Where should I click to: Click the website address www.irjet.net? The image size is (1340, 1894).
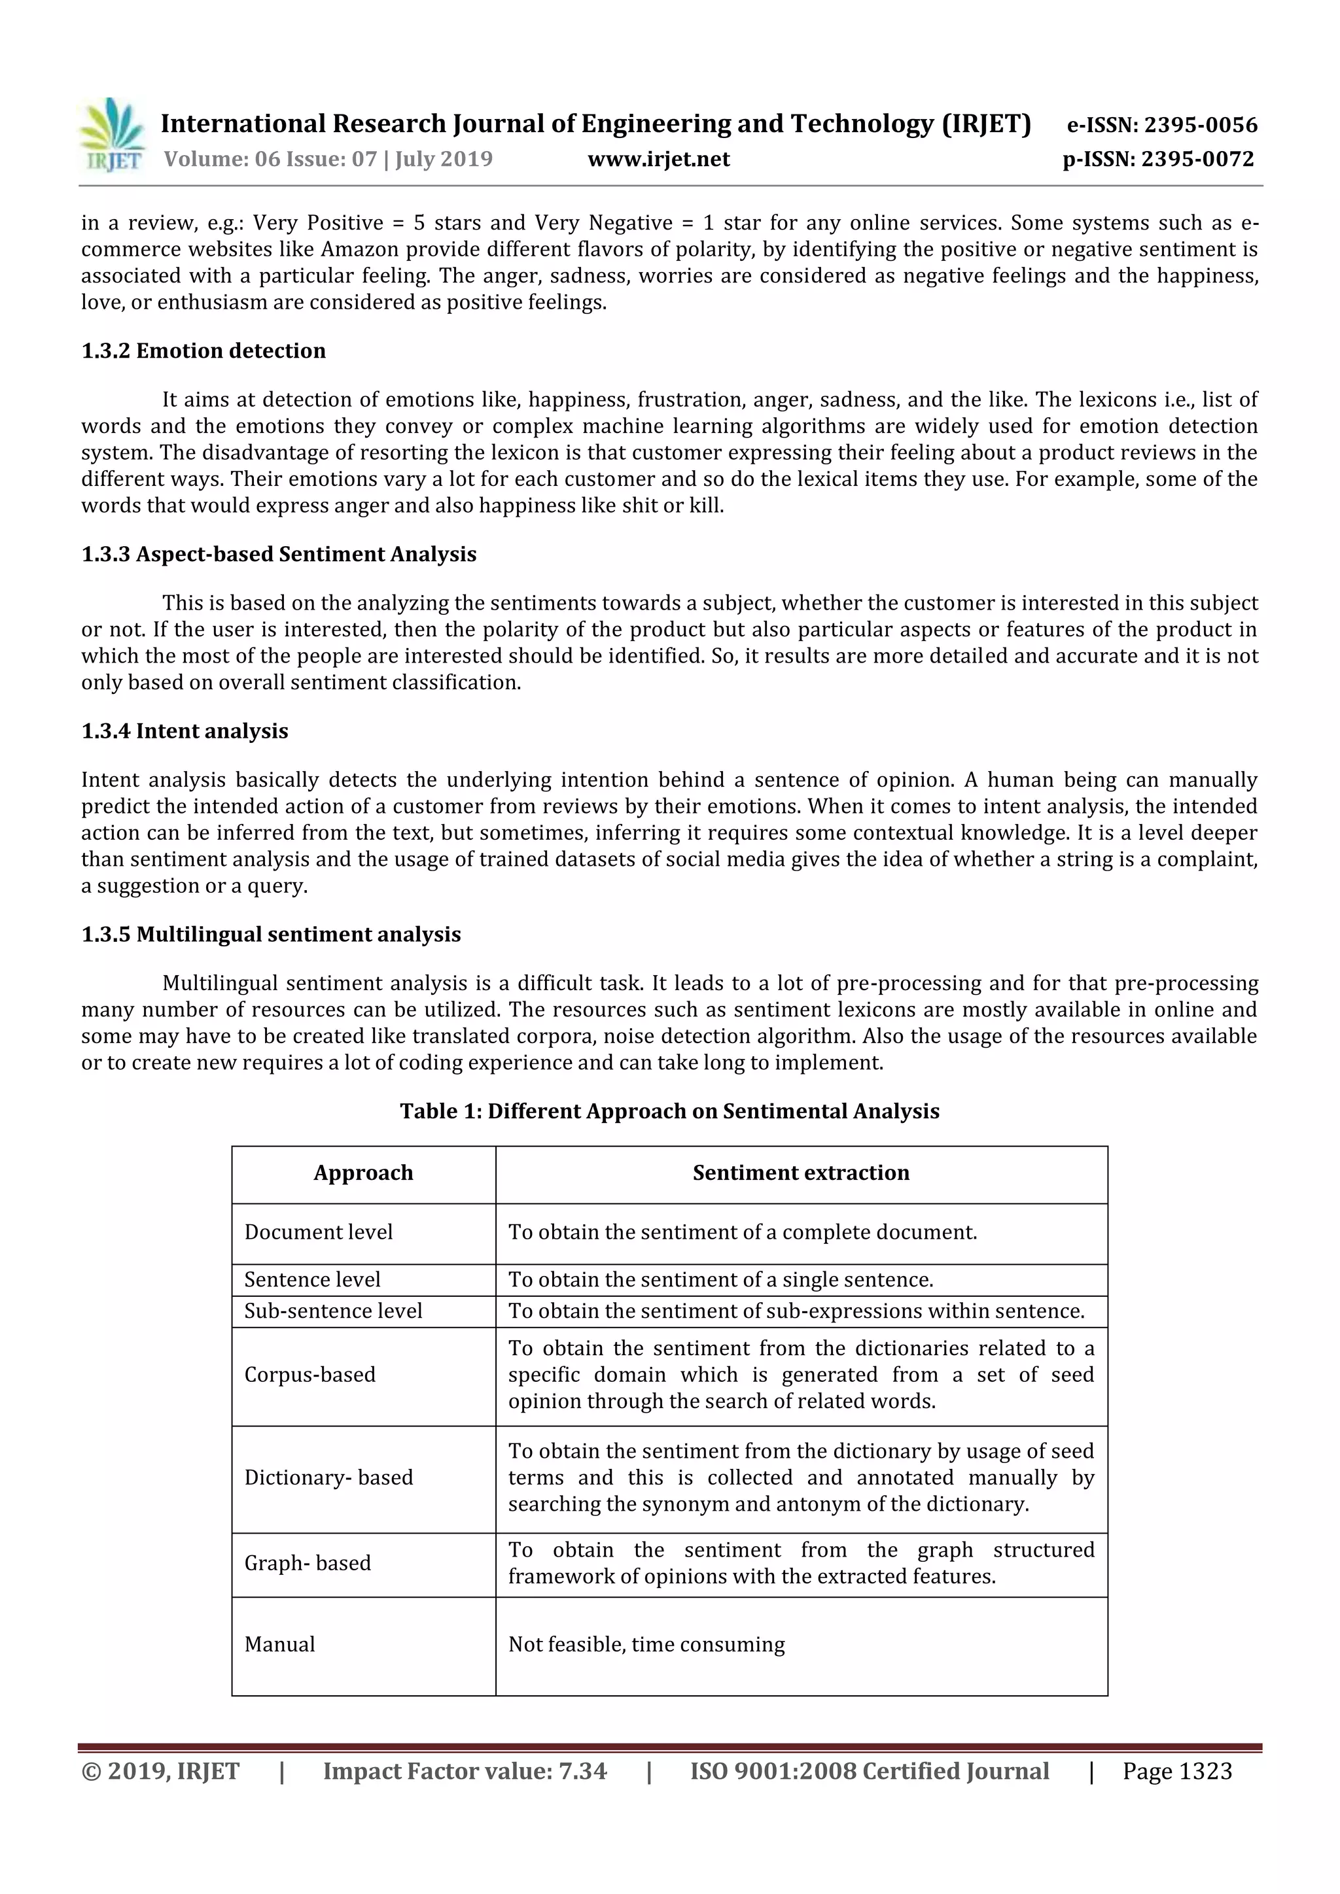658,159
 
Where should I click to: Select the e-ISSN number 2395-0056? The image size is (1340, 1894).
1162,126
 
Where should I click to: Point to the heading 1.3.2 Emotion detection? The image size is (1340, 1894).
203,351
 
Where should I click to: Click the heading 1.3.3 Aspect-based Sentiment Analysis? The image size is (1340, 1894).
279,555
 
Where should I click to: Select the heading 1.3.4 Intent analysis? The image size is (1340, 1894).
185,732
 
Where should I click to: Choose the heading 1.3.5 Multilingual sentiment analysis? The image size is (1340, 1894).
271,935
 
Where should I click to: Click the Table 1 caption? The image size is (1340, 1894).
669,1111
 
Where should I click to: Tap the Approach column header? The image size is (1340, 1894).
363,1173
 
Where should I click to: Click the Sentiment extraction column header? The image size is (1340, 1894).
800,1173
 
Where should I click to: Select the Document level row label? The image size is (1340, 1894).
319,1232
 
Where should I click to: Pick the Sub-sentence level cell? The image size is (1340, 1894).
333,1312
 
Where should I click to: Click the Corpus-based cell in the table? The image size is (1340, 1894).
310,1375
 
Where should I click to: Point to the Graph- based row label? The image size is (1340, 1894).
308,1563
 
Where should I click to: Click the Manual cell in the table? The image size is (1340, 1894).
280,1645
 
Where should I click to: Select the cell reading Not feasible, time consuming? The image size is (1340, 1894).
646,1645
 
